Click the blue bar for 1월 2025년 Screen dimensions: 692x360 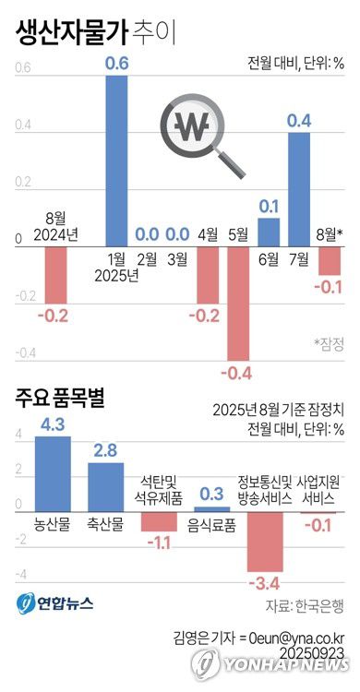pyautogui.click(x=116, y=161)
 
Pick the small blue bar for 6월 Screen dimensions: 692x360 pyautogui.click(x=269, y=232)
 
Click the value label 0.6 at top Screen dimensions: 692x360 pyautogui.click(x=117, y=63)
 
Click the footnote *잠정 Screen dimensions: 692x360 pyautogui.click(x=328, y=344)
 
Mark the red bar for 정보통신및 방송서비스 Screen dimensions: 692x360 pyautogui.click(x=264, y=542)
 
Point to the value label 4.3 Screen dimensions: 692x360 pyautogui.click(x=52, y=425)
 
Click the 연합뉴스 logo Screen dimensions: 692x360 pyautogui.click(x=53, y=604)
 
